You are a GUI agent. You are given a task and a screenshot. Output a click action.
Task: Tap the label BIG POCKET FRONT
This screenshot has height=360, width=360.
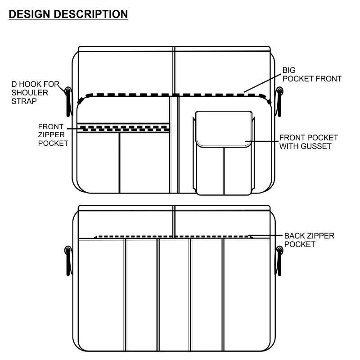311,75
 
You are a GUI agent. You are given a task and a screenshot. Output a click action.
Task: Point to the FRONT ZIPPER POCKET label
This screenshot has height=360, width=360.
53,135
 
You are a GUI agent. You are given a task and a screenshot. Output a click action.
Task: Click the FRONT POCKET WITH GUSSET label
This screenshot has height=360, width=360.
308,142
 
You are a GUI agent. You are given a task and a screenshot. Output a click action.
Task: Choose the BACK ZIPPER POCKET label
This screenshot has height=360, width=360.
309,240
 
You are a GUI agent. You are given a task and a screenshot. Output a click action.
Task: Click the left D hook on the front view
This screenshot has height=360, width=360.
68,101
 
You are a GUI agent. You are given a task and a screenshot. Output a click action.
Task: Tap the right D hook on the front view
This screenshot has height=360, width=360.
279,101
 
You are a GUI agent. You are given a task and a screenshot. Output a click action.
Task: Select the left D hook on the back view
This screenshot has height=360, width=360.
68,260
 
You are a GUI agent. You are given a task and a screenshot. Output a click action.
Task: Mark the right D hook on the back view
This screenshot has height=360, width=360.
279,260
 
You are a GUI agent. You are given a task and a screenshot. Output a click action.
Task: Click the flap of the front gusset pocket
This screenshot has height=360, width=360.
223,129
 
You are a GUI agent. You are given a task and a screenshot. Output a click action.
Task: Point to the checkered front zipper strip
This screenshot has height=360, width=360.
124,128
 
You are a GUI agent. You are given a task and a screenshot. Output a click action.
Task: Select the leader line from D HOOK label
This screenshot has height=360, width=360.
63,87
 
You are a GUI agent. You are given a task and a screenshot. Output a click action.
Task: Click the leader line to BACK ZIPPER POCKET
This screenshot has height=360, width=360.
266,236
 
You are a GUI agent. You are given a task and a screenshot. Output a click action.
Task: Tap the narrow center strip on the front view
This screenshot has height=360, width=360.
174,144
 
